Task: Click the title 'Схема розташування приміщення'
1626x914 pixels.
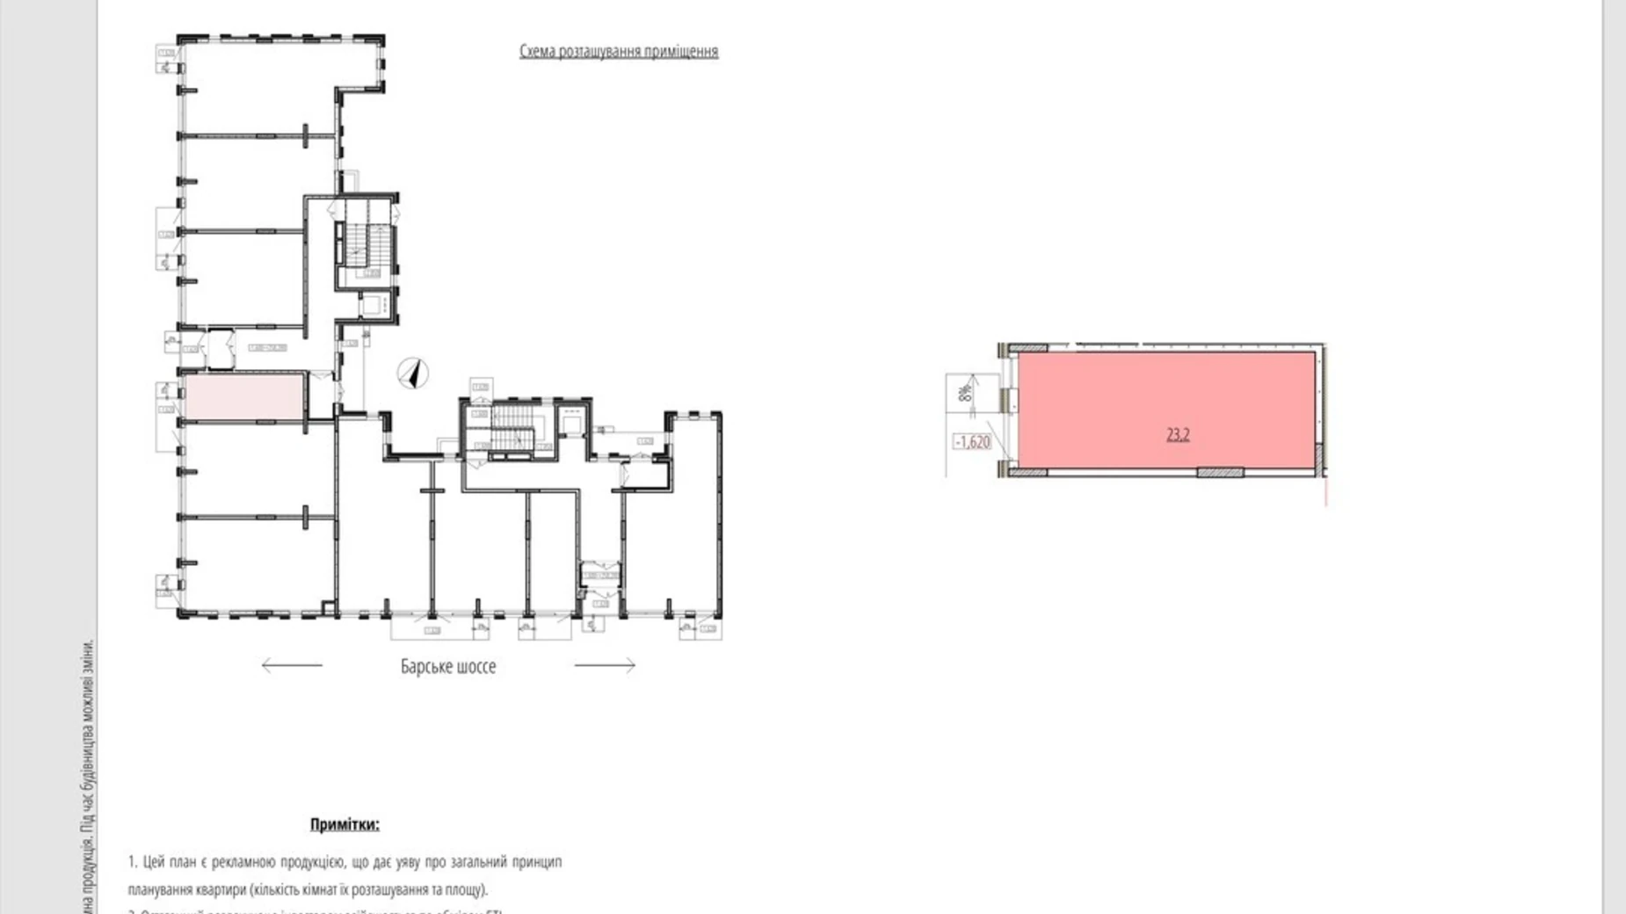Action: [x=618, y=51]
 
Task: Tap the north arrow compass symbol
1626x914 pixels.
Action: [x=411, y=374]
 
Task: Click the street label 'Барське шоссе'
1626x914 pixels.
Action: [x=447, y=666]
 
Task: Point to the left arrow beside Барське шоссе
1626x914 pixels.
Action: [x=292, y=665]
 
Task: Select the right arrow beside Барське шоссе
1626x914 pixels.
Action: [x=605, y=665]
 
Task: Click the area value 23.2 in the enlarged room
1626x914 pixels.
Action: [x=1178, y=434]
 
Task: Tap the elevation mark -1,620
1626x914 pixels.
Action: [x=972, y=442]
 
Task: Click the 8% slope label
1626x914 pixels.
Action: [x=965, y=389]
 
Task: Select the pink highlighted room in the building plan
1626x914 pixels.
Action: [x=243, y=396]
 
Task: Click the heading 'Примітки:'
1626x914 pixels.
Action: [x=345, y=824]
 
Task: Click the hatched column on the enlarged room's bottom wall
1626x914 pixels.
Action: [x=1220, y=473]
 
